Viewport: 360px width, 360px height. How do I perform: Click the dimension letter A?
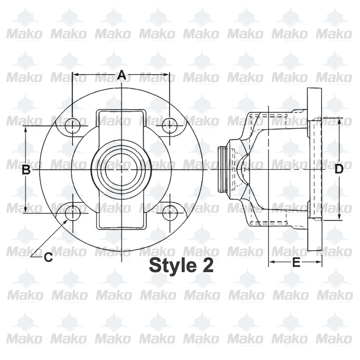(122, 75)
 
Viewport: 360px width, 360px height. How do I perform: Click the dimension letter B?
(26, 170)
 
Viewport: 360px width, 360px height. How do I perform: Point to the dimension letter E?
(296, 262)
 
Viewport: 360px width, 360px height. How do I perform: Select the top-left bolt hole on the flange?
(73, 126)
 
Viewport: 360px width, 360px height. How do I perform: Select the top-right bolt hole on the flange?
(169, 126)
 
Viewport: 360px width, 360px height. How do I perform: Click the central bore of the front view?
(121, 169)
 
